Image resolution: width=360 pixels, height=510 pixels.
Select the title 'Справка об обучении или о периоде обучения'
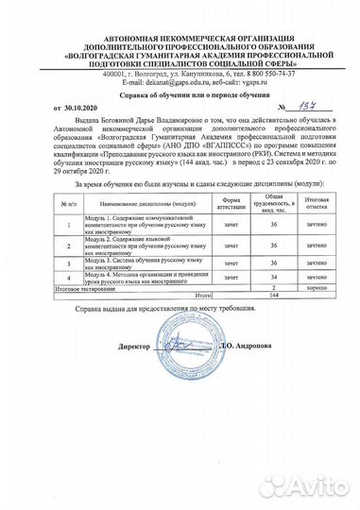click(180, 95)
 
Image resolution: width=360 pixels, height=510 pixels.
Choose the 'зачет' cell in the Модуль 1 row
click(231, 225)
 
